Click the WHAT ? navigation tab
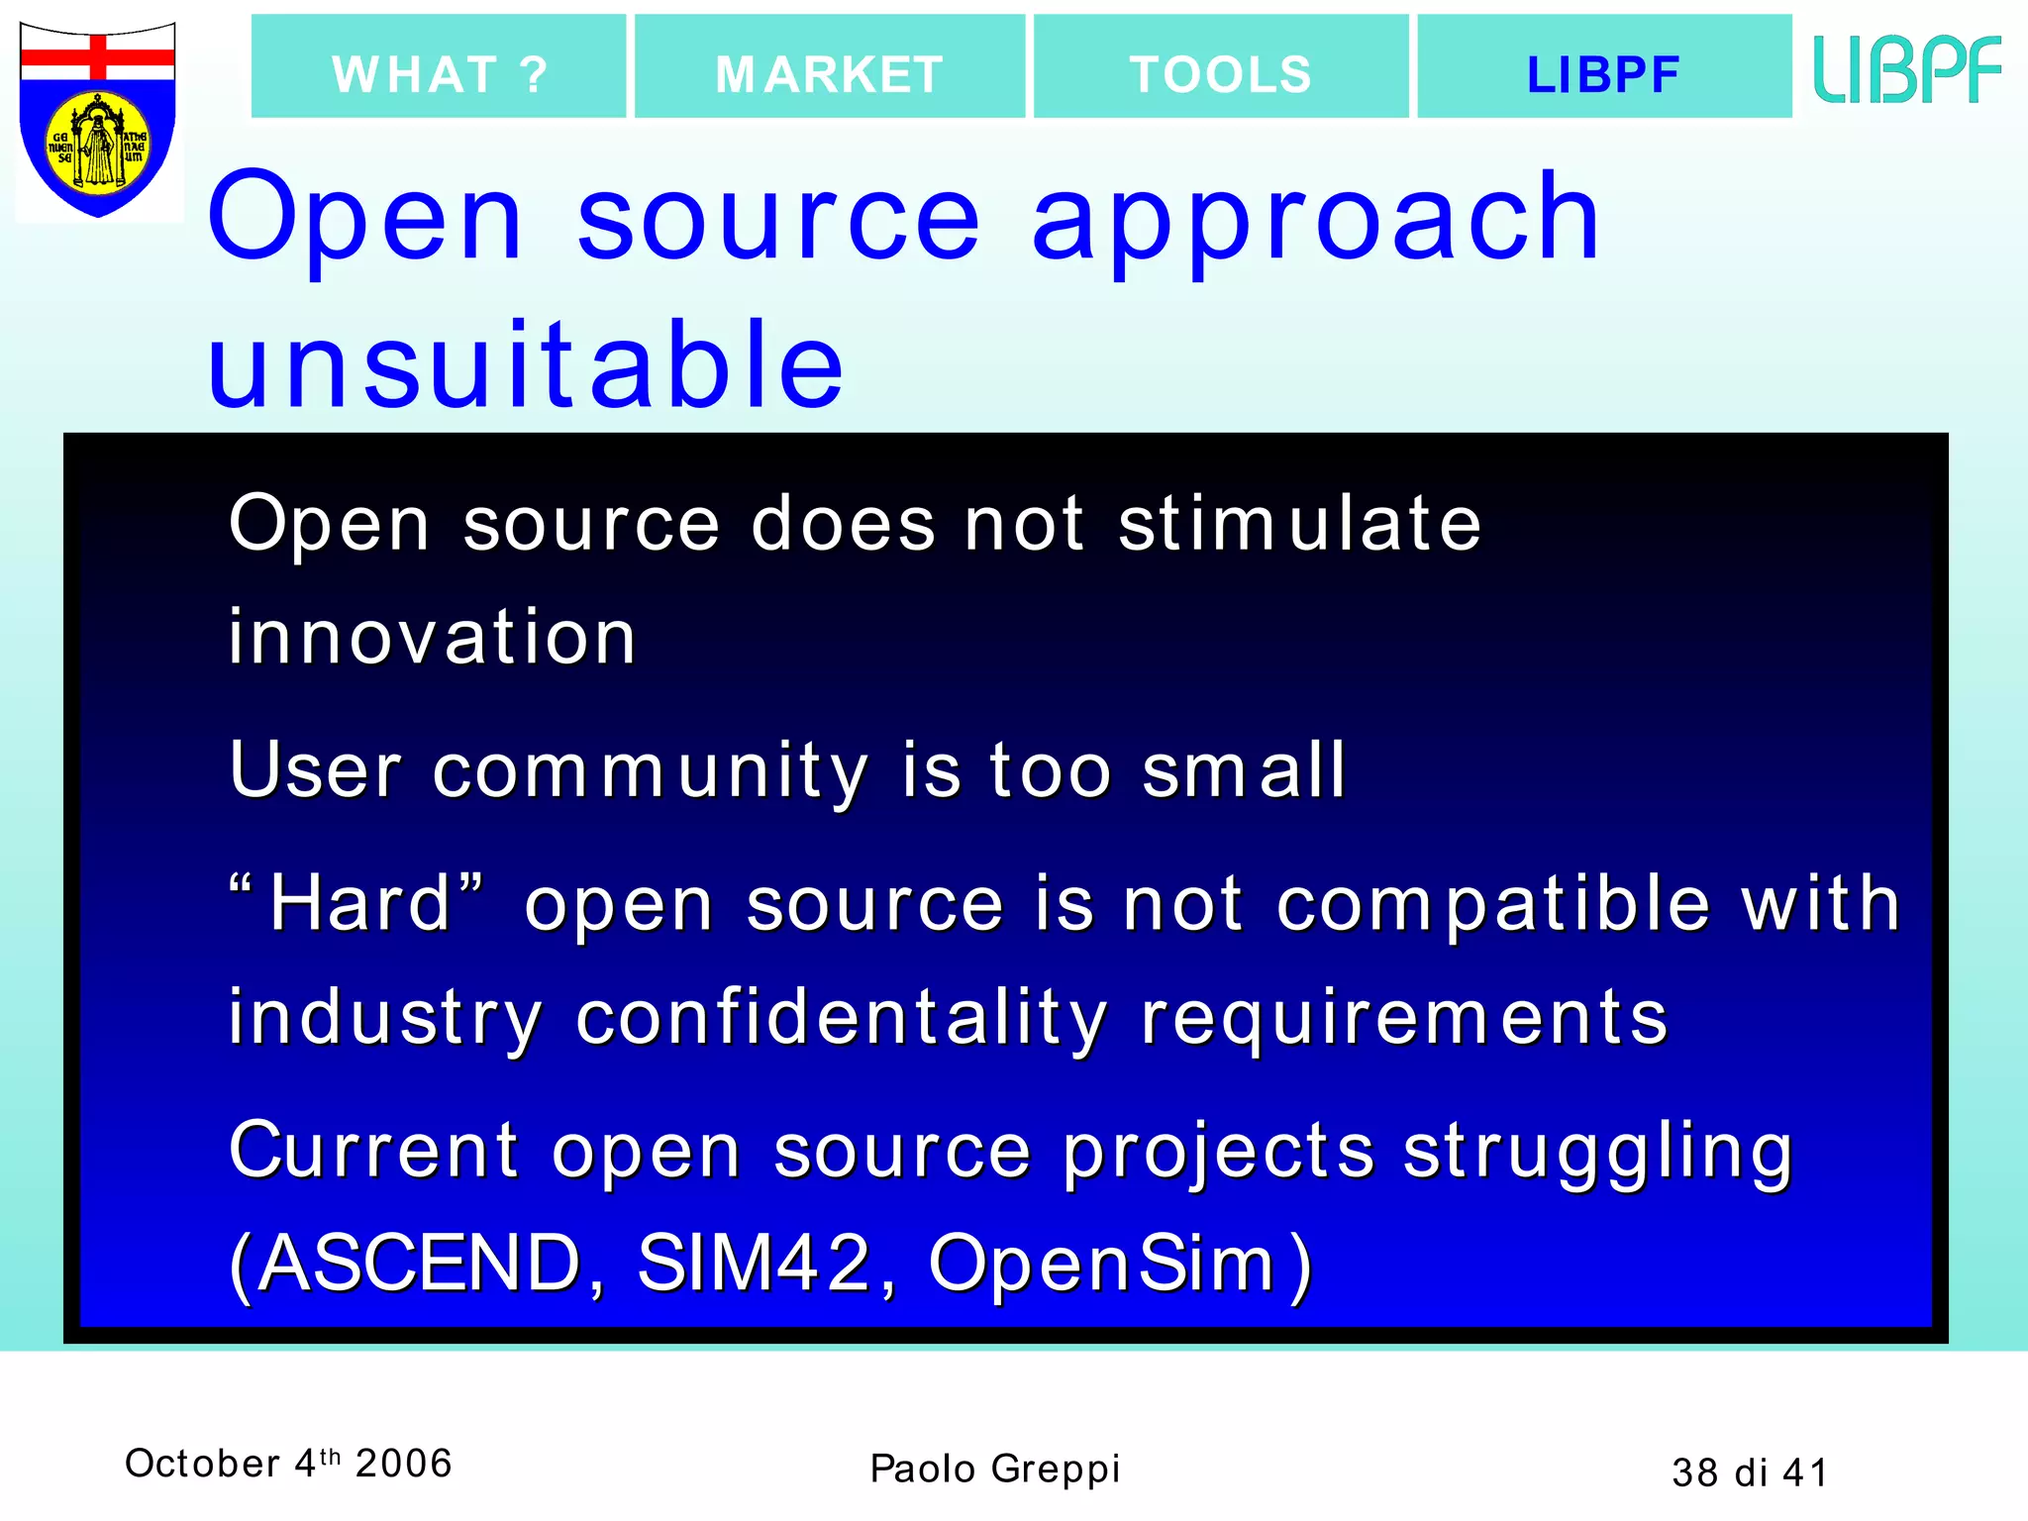click(439, 67)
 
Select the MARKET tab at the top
click(830, 67)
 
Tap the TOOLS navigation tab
click(1221, 67)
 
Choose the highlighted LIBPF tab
click(1604, 67)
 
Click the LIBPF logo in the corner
click(1907, 69)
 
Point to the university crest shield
click(98, 119)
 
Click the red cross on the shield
click(98, 57)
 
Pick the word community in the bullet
click(651, 771)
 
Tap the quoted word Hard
click(360, 904)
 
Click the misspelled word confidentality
click(842, 1018)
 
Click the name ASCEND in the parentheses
click(419, 1264)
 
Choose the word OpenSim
click(1102, 1264)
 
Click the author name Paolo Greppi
click(994, 1469)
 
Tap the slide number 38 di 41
click(1750, 1472)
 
